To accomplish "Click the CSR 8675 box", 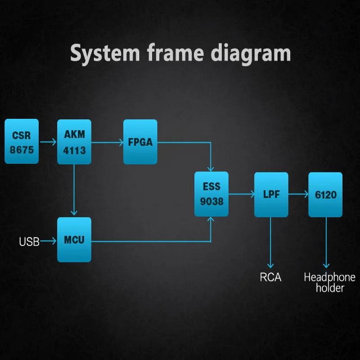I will click(22, 142).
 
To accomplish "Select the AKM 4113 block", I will click(74, 142).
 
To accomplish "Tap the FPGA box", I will click(140, 142).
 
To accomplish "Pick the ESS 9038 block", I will click(211, 194).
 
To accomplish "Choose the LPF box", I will click(271, 194).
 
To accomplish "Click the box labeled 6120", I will click(325, 194).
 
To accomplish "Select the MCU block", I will click(74, 239).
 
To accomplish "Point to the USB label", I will click(29, 242).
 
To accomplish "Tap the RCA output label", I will click(270, 277).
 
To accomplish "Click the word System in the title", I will click(105, 54).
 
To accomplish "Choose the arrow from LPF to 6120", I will click(298, 194).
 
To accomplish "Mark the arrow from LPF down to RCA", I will click(270, 243).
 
